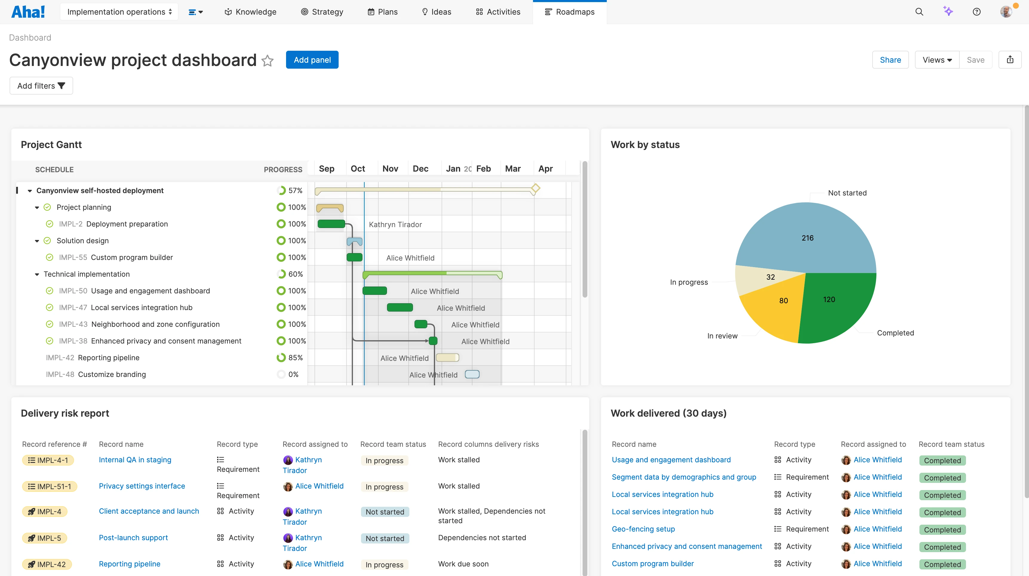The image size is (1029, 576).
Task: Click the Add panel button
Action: pos(312,60)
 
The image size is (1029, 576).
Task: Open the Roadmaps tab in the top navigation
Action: pos(570,12)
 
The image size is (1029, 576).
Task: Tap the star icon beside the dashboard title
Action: pos(267,61)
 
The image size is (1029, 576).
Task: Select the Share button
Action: pos(890,60)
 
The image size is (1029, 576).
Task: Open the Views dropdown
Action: pos(937,60)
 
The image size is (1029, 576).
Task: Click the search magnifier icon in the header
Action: pos(919,12)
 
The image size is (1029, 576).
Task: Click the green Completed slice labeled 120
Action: pos(835,303)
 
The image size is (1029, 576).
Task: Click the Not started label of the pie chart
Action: pos(847,193)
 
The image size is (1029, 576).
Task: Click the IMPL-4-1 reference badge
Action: pos(48,460)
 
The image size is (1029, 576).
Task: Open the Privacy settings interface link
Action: pos(142,486)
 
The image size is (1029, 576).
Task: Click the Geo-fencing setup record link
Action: pos(643,529)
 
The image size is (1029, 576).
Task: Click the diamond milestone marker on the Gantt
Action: pos(535,188)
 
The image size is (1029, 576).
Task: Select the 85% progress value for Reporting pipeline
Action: pos(295,358)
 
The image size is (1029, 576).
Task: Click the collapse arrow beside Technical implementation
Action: pos(37,274)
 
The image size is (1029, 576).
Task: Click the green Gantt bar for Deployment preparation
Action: pos(331,224)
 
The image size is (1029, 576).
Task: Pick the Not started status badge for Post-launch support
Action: pos(385,538)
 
